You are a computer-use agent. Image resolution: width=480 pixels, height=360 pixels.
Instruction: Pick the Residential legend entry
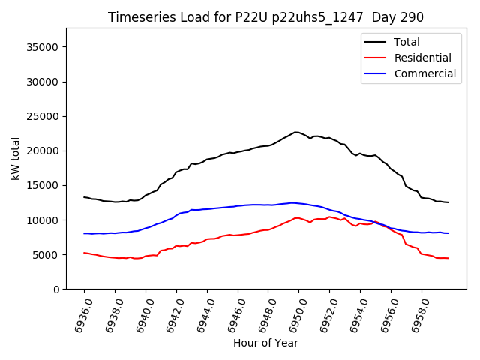coord(422,58)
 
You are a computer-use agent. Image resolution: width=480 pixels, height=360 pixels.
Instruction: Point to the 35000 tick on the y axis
coord(46,47)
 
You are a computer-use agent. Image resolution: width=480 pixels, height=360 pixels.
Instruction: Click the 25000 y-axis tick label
coord(46,116)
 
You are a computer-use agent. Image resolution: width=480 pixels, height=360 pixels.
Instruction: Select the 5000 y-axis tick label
coord(49,255)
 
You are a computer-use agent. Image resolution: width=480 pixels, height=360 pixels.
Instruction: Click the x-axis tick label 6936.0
coord(78,314)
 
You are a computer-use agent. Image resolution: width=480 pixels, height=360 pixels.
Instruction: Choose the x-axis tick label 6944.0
coord(201,314)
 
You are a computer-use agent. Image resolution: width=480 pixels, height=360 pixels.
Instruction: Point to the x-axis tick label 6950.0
coord(292,314)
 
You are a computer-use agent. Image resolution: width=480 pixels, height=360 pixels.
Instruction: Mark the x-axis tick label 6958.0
coord(415,314)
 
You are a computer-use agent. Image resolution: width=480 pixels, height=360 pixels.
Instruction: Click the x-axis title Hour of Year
coord(265,343)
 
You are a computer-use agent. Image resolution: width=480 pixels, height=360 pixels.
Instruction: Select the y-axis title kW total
coord(15,159)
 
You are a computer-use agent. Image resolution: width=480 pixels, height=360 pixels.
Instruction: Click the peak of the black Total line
coord(296,132)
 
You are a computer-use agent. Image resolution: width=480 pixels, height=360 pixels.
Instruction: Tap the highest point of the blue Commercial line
coord(292,202)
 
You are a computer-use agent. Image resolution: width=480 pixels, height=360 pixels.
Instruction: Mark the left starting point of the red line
coord(84,253)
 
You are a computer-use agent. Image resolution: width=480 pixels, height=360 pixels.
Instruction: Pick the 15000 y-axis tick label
coord(46,185)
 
